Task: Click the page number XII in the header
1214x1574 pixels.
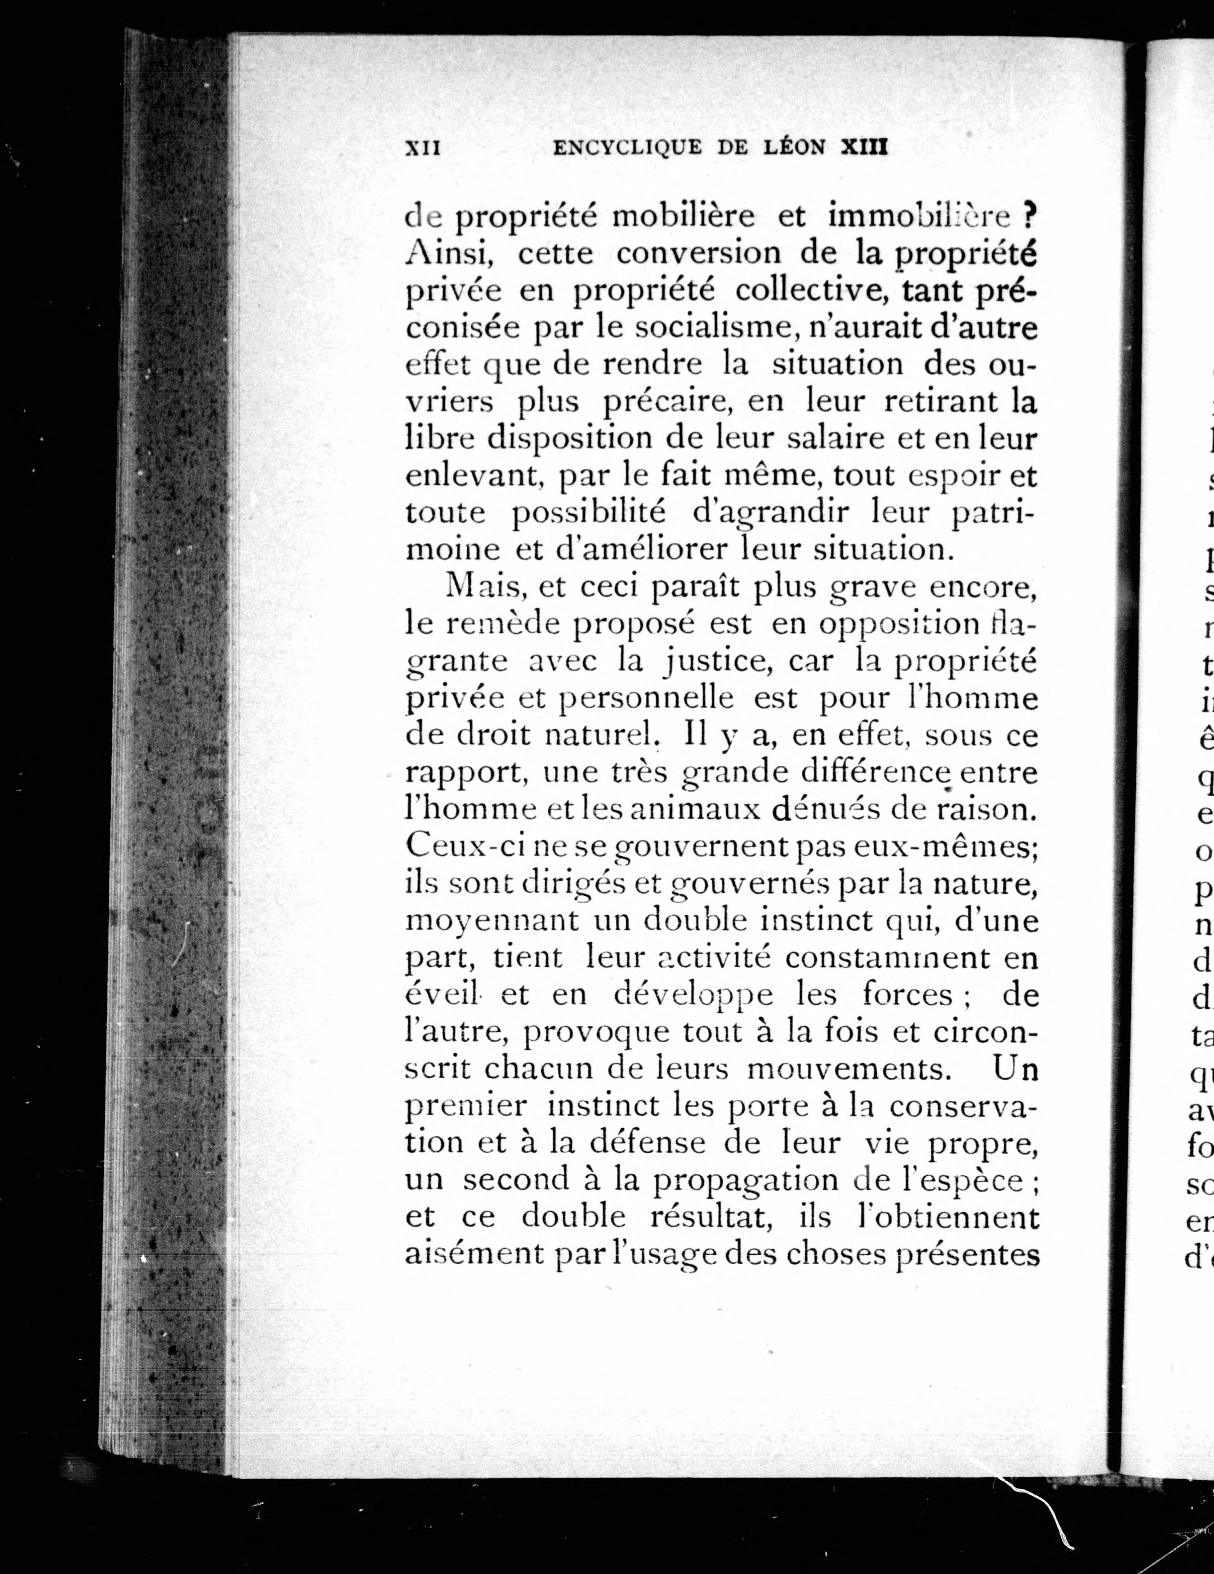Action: pos(423,148)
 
